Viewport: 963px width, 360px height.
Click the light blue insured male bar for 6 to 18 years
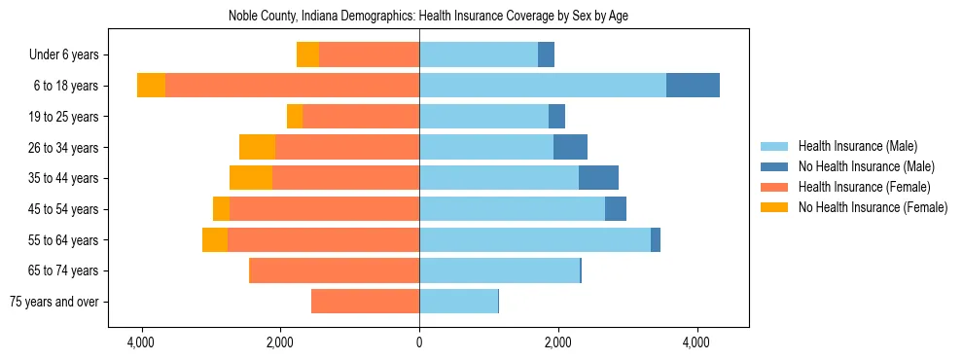pyautogui.click(x=543, y=85)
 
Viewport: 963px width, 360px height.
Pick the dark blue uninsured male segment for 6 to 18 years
pyautogui.click(x=693, y=85)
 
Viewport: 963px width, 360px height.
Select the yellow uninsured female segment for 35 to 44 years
pyautogui.click(x=251, y=177)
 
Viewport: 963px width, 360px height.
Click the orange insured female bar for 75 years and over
pyautogui.click(x=365, y=302)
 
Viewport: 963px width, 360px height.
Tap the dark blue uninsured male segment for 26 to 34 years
pyautogui.click(x=570, y=147)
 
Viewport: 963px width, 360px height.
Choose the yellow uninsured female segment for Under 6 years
pyautogui.click(x=307, y=54)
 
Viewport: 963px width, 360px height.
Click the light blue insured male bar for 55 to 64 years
pyautogui.click(x=535, y=239)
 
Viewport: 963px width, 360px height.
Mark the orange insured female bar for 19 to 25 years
pyautogui.click(x=360, y=116)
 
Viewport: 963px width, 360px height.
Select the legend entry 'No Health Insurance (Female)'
pyautogui.click(x=873, y=207)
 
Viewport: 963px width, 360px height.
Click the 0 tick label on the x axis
pyautogui.click(x=419, y=342)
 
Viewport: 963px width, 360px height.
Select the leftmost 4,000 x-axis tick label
pyautogui.click(x=142, y=342)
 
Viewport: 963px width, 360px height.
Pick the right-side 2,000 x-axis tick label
pyautogui.click(x=557, y=342)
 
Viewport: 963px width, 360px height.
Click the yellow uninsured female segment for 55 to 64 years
pyautogui.click(x=215, y=239)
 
